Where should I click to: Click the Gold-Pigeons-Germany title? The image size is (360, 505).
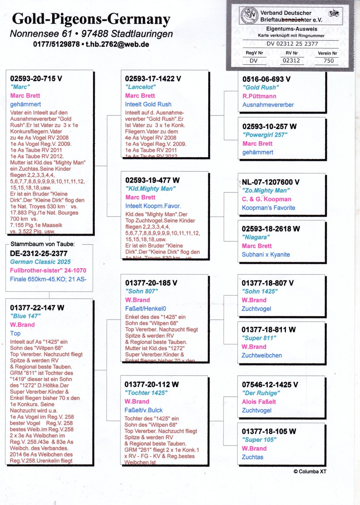click(91, 19)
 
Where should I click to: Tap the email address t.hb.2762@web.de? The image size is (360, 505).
click(117, 44)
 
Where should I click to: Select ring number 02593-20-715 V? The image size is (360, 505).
click(36, 79)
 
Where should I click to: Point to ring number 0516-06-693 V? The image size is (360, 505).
click(266, 79)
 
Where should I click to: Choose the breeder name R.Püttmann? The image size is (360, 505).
click(259, 96)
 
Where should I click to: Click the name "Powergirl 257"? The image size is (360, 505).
click(265, 135)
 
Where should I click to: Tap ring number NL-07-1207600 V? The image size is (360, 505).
click(271, 182)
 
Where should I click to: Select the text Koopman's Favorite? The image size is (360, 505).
click(268, 208)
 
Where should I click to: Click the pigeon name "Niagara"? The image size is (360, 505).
click(256, 237)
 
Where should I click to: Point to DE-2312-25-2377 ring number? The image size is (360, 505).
click(39, 254)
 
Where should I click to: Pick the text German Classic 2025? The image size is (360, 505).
click(40, 262)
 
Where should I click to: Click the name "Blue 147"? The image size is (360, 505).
click(25, 316)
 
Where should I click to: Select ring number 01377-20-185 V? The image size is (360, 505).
click(151, 283)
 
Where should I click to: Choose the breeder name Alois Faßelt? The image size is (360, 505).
click(259, 402)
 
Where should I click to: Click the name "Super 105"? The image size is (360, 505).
click(259, 440)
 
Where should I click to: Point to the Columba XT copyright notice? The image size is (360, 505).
click(310, 472)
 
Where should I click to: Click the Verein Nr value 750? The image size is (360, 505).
click(328, 61)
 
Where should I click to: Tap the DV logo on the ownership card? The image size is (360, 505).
click(249, 16)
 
